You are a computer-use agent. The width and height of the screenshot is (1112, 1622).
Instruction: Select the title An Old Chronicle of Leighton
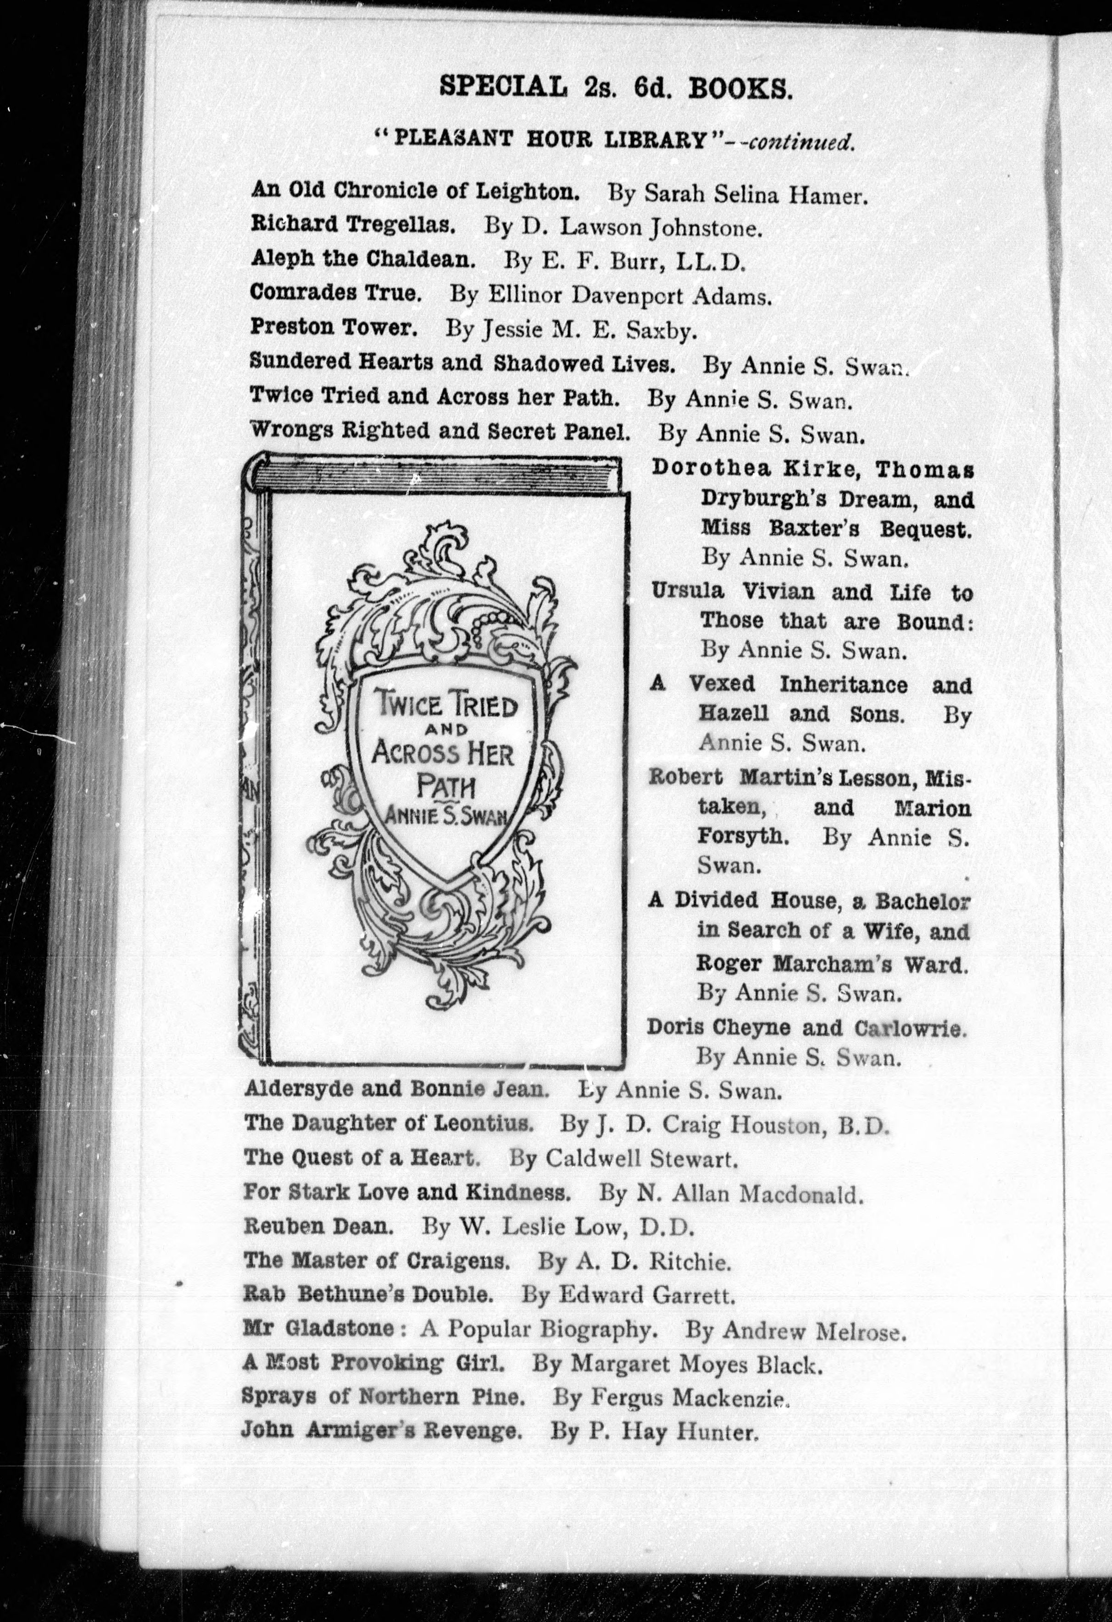tap(415, 190)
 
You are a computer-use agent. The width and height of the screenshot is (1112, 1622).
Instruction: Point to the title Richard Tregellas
tap(353, 225)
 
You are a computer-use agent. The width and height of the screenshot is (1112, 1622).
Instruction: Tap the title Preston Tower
tap(334, 328)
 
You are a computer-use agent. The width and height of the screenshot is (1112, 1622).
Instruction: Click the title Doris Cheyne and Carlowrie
tap(806, 1028)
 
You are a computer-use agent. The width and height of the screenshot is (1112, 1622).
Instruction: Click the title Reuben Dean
tap(314, 1226)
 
